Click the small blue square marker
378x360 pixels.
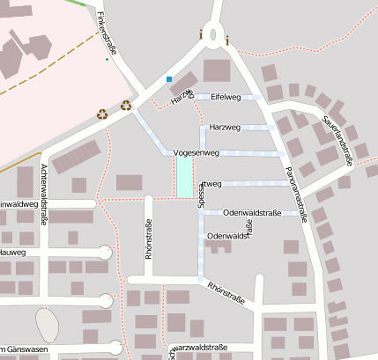click(169, 79)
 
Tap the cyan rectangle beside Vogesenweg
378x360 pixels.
click(184, 176)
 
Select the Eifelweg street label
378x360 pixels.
click(226, 96)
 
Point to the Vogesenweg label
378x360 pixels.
click(196, 152)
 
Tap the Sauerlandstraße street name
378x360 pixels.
click(338, 140)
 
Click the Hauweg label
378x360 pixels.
click(12, 253)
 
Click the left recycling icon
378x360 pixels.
click(102, 114)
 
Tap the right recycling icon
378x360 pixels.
click(126, 106)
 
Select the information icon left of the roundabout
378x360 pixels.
click(201, 35)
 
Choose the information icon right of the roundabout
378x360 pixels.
click(227, 40)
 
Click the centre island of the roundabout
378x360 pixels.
click(214, 33)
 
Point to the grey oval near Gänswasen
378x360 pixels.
click(48, 323)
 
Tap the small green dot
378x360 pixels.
click(107, 59)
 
